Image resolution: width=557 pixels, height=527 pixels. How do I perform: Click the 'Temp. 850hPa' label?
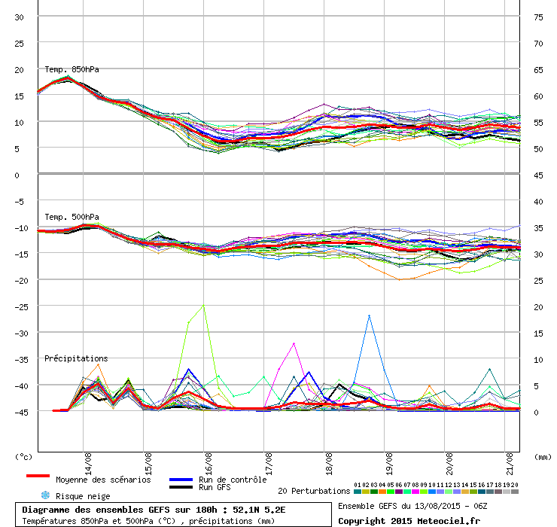(x=72, y=70)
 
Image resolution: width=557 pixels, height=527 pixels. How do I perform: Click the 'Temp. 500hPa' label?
(x=72, y=217)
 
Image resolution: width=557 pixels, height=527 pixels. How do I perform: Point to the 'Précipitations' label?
(x=76, y=358)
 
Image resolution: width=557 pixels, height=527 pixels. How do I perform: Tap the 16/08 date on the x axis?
(x=208, y=464)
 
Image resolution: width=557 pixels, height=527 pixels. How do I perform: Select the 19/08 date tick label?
(x=389, y=464)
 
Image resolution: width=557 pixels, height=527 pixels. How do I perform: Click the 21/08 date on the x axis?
(x=510, y=464)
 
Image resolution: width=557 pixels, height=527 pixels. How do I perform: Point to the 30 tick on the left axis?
(x=19, y=17)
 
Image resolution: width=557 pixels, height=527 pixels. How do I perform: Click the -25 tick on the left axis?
(x=21, y=307)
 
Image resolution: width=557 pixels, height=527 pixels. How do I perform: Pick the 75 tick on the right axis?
(x=538, y=17)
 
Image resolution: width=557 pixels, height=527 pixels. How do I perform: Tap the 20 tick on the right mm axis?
(x=538, y=307)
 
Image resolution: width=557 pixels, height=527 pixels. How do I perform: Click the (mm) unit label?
(x=543, y=457)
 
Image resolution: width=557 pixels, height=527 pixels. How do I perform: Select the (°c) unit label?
(x=23, y=457)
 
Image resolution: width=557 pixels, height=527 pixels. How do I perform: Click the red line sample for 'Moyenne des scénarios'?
(x=38, y=476)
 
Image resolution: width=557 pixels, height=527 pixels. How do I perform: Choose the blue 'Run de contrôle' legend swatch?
(x=181, y=480)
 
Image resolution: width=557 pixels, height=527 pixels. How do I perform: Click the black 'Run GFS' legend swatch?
(x=181, y=487)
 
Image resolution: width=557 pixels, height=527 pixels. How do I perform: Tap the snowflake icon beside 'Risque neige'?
(x=45, y=495)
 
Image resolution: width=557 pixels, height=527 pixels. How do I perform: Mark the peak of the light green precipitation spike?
(x=203, y=305)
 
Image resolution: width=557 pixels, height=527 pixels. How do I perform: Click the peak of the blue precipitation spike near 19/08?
(x=370, y=315)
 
